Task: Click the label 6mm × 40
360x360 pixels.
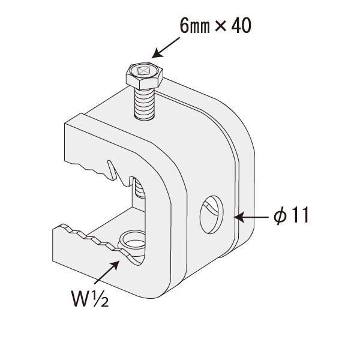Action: (213, 27)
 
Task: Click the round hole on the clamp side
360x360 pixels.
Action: (212, 214)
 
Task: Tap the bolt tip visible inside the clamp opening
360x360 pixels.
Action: (137, 191)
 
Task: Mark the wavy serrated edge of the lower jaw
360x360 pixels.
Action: (90, 241)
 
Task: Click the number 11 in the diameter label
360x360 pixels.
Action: (299, 215)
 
